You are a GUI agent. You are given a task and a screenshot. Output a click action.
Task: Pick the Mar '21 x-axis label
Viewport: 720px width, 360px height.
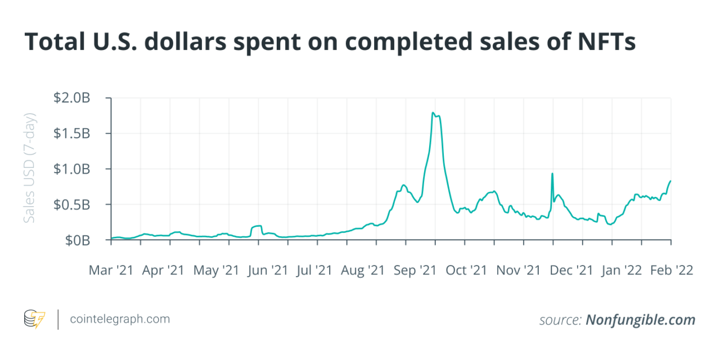(x=111, y=270)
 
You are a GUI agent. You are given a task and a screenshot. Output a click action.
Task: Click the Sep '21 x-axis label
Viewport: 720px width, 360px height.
(x=415, y=270)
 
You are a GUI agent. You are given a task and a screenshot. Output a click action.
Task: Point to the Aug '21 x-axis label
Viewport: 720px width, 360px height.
(x=363, y=270)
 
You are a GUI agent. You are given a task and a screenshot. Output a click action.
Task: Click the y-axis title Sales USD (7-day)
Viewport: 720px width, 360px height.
(x=30, y=168)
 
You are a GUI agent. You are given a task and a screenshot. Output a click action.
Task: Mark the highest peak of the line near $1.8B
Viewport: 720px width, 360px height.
(x=433, y=113)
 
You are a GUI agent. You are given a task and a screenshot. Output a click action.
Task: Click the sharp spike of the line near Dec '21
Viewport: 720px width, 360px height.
(x=552, y=174)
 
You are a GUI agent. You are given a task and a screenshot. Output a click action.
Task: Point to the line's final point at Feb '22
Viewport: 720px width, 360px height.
(x=670, y=181)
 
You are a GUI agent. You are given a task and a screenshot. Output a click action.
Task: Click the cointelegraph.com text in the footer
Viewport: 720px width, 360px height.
(x=120, y=319)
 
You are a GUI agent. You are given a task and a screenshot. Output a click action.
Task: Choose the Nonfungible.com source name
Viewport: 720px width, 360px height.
(x=641, y=320)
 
